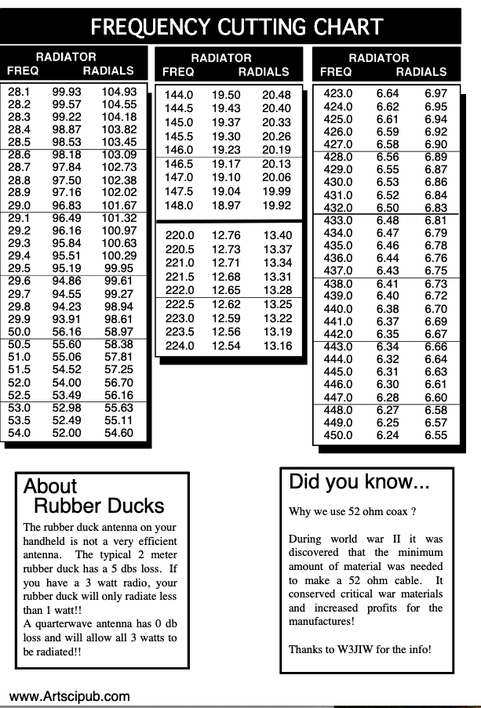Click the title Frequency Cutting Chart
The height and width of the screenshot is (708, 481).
[x=237, y=27]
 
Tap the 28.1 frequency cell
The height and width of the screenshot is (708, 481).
[x=19, y=92]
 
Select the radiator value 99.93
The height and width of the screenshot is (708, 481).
[x=67, y=92]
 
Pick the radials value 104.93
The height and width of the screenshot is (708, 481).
[x=118, y=92]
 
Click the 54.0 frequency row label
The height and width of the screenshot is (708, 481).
[x=19, y=433]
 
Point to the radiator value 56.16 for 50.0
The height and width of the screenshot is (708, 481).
[x=67, y=332]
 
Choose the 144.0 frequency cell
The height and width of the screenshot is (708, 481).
[x=179, y=95]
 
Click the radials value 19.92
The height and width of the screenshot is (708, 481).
[x=276, y=205]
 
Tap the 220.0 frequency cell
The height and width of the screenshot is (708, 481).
[x=179, y=235]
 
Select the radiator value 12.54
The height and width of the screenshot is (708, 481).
[x=226, y=346]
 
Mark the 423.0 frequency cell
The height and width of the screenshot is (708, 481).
[x=338, y=94]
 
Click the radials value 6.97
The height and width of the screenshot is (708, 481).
[x=435, y=94]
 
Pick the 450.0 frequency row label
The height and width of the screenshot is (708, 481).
[x=338, y=435]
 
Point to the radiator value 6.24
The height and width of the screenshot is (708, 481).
[x=388, y=435]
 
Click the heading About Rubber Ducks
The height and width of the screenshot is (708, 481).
[x=94, y=496]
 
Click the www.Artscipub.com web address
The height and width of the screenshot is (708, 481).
[x=69, y=695]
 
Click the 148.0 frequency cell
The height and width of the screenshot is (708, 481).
[x=179, y=205]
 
